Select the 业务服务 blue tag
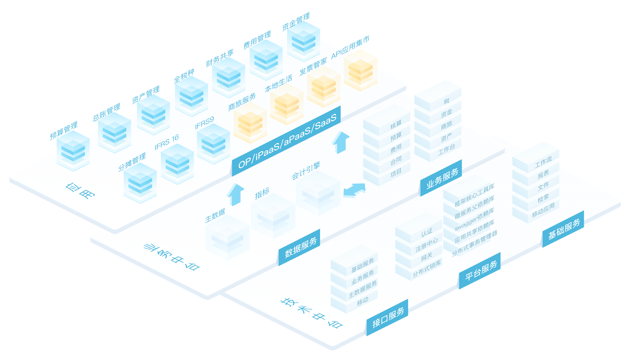click(442, 178)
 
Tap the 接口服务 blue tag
click(388, 318)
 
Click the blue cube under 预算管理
click(73, 151)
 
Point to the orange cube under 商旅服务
click(250, 123)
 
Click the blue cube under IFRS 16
click(177, 164)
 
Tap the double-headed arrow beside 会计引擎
click(354, 190)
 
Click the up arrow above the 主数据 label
click(236, 194)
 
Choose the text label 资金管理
click(296, 22)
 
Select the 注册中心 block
click(426, 245)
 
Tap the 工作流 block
click(543, 162)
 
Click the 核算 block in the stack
click(395, 125)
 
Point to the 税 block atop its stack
click(446, 101)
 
